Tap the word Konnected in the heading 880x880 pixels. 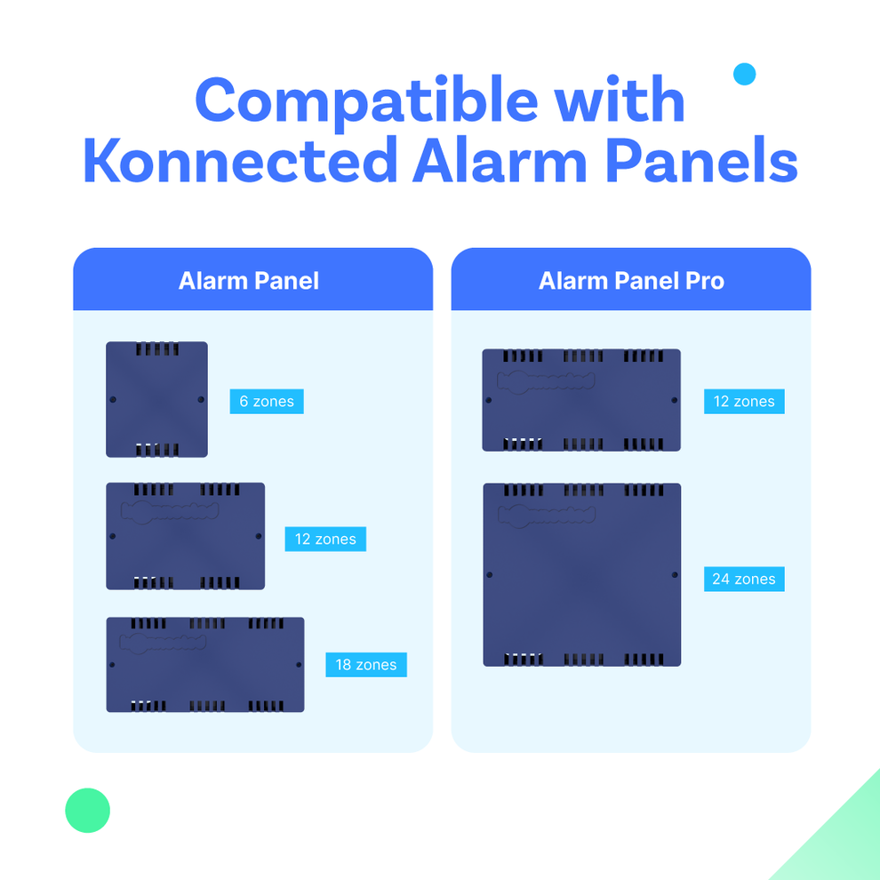240,162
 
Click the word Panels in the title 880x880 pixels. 695,162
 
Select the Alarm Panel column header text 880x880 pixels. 249,281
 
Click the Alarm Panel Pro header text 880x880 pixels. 631,281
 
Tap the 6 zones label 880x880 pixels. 267,402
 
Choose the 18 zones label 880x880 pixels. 365,665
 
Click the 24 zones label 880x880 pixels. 744,580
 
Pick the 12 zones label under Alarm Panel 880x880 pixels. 325,540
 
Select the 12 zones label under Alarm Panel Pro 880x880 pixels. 744,402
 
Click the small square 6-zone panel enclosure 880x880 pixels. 156,400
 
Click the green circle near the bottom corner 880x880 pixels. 88,811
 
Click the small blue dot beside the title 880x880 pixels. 745,75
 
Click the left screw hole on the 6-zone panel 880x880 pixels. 113,400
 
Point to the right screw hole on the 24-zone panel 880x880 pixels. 675,575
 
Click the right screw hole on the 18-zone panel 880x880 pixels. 299,665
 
